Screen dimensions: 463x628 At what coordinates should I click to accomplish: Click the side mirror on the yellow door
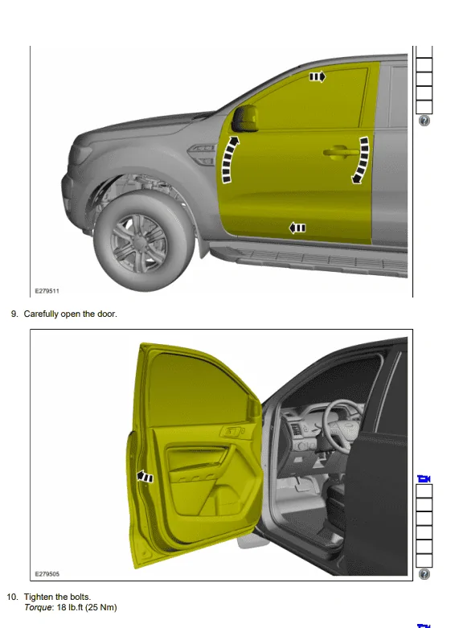tap(244, 118)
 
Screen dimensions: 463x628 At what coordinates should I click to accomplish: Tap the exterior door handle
tap(341, 152)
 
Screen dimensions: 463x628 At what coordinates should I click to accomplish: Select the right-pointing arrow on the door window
tap(318, 76)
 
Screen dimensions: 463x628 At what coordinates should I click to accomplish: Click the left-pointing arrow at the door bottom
tap(297, 228)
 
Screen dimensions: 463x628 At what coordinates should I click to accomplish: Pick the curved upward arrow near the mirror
tap(230, 159)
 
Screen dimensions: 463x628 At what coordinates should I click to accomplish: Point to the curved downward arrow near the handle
tap(360, 160)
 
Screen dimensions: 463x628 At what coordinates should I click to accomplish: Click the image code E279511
tap(47, 291)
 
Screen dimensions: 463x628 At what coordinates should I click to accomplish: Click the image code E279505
tap(47, 574)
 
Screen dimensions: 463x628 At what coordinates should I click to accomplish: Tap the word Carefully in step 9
tap(41, 314)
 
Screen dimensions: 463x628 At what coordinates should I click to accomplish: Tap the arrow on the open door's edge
tap(145, 477)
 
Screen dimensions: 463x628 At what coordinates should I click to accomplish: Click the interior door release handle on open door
tap(231, 432)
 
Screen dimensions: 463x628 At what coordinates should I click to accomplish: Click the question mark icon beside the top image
tap(424, 121)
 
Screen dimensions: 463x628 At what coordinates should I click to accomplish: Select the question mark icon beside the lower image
tap(424, 574)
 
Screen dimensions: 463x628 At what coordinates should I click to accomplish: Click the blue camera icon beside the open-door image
tap(424, 478)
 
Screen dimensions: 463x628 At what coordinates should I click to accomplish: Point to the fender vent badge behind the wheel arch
tap(202, 155)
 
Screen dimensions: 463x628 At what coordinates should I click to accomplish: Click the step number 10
tap(12, 597)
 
